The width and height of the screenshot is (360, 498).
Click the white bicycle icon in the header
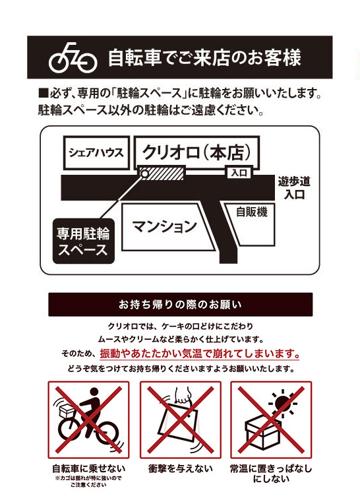[x=73, y=58]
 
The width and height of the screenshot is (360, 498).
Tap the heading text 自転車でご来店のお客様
[x=204, y=57]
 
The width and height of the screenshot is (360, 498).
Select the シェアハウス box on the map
[x=96, y=153]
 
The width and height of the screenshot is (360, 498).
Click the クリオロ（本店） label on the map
[x=196, y=152]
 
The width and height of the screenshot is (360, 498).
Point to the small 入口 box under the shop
[x=239, y=173]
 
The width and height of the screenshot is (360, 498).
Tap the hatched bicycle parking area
[x=163, y=173]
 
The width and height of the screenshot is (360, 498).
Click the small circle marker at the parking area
[x=144, y=173]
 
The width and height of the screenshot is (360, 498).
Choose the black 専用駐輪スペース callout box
[x=83, y=241]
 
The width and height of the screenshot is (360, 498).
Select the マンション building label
[x=164, y=226]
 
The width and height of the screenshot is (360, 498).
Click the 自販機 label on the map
[x=251, y=212]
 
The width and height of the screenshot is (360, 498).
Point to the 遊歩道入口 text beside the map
[x=294, y=188]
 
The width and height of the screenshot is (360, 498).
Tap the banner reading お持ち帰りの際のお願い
[x=180, y=305]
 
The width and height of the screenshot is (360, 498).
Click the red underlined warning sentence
[x=200, y=354]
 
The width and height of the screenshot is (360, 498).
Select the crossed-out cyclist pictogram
[x=88, y=420]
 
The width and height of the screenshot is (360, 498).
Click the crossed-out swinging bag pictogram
[x=180, y=420]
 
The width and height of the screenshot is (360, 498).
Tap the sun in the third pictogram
[x=283, y=404]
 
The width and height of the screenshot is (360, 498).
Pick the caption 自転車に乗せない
[x=89, y=469]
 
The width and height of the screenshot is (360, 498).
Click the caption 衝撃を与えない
[x=180, y=468]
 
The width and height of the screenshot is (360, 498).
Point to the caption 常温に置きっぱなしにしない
[x=271, y=474]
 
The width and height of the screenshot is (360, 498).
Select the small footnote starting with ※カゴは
[x=88, y=482]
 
